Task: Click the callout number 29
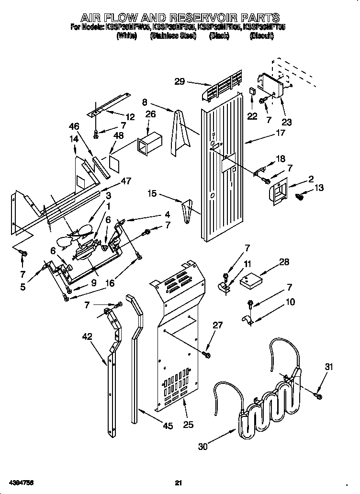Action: point(180,82)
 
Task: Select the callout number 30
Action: point(203,447)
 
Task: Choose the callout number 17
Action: point(281,134)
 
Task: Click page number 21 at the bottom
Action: point(179,483)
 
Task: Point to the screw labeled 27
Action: point(207,355)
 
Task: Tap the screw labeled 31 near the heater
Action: point(318,394)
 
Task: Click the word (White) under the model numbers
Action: point(126,36)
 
